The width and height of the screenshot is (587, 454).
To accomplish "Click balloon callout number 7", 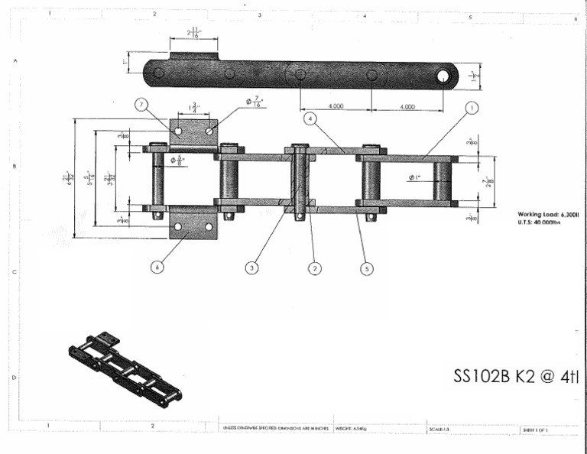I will (x=141, y=105).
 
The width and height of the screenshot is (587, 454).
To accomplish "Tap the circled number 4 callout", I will (x=309, y=119).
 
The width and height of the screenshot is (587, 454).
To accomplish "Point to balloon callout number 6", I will (x=157, y=267).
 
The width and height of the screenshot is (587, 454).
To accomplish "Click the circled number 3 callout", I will (x=251, y=267).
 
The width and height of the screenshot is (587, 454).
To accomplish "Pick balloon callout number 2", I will (x=314, y=267).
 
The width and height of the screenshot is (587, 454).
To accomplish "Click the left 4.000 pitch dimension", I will (x=336, y=107).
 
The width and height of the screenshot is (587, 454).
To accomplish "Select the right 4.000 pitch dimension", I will (x=407, y=107).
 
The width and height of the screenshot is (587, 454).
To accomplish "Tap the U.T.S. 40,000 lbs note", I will (x=539, y=222).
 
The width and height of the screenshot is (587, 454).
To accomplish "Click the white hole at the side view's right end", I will (x=443, y=76).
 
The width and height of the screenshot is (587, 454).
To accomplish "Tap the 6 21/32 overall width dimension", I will (x=66, y=178).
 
